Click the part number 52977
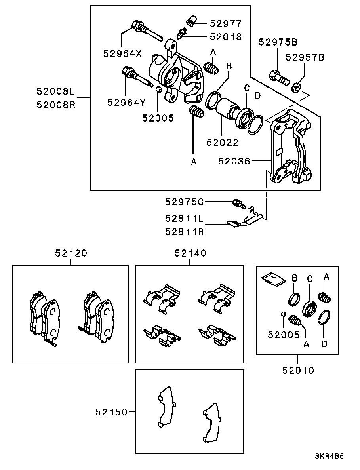tap(225, 23)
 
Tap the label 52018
tap(225, 37)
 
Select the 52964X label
tap(122, 53)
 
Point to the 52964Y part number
tap(126, 103)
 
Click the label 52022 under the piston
tap(223, 142)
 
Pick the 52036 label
tap(234, 161)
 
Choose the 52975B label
tap(278, 42)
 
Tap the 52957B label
tap(305, 57)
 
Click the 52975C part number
tap(184, 202)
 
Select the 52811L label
tap(184, 218)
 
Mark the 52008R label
tap(56, 105)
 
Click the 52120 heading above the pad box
tap(71, 253)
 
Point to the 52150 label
tap(112, 412)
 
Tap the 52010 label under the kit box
tap(298, 371)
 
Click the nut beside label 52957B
tap(296, 87)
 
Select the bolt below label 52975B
tap(280, 76)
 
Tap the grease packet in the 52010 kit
tap(273, 278)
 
